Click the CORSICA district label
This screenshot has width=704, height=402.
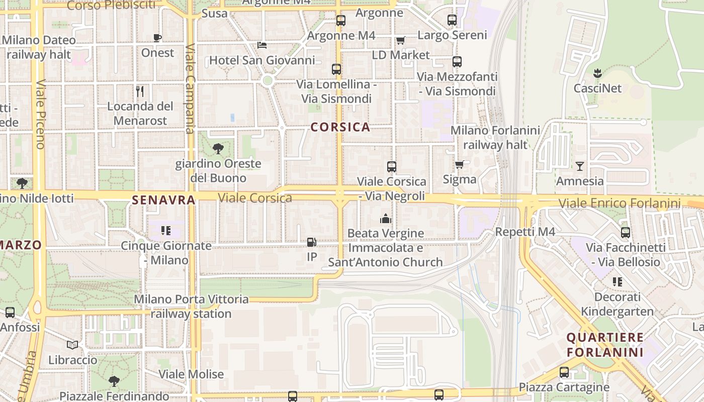[340, 127]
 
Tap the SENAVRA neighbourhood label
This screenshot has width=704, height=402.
[163, 200]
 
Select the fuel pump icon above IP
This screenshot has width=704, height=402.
[312, 242]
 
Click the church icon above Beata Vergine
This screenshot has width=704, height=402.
[386, 219]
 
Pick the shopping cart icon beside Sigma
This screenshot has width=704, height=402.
[460, 164]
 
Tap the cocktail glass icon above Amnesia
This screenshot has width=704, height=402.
[580, 166]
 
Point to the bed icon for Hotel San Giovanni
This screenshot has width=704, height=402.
[262, 45]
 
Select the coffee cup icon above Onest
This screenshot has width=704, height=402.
[157, 38]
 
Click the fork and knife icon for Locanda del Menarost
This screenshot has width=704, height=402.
[140, 91]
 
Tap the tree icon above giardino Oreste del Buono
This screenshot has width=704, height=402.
[218, 148]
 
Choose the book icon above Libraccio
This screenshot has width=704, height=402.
[72, 345]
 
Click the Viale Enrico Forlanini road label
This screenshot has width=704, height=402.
[620, 204]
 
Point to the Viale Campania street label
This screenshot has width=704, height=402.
[190, 89]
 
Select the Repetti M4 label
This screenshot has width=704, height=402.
[525, 232]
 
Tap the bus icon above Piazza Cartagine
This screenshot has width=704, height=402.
[564, 372]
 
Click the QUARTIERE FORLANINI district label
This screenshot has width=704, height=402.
[605, 344]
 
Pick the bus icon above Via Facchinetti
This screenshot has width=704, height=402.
[626, 233]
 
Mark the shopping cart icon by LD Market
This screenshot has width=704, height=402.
[400, 40]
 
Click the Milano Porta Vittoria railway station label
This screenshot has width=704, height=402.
[191, 307]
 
